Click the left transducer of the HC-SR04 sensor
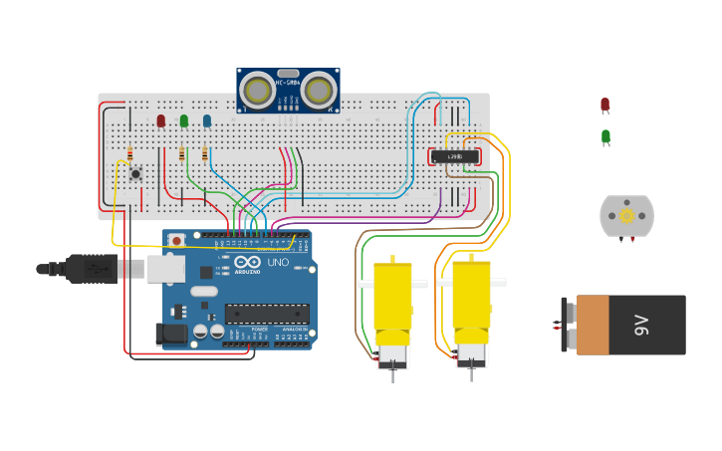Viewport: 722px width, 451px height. tap(258, 92)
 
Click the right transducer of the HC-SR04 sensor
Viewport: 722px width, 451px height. tap(319, 92)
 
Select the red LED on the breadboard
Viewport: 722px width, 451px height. tap(161, 120)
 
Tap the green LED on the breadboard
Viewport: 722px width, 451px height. tap(184, 120)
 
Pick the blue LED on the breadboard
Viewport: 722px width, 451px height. tap(207, 120)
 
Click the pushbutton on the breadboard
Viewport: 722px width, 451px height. tap(135, 173)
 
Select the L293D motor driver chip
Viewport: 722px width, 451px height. tap(455, 156)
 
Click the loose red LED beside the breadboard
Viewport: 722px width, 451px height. tap(604, 105)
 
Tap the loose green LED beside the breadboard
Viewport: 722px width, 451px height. tap(605, 136)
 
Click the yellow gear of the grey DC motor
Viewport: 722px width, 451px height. tap(626, 216)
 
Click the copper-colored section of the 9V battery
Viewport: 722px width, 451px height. tap(593, 325)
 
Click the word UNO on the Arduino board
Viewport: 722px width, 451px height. tap(278, 262)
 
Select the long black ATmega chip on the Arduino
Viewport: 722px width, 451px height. tap(266, 314)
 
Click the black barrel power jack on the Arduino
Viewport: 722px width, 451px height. tap(172, 336)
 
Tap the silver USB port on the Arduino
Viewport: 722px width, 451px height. tap(164, 268)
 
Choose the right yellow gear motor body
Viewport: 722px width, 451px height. tap(471, 296)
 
